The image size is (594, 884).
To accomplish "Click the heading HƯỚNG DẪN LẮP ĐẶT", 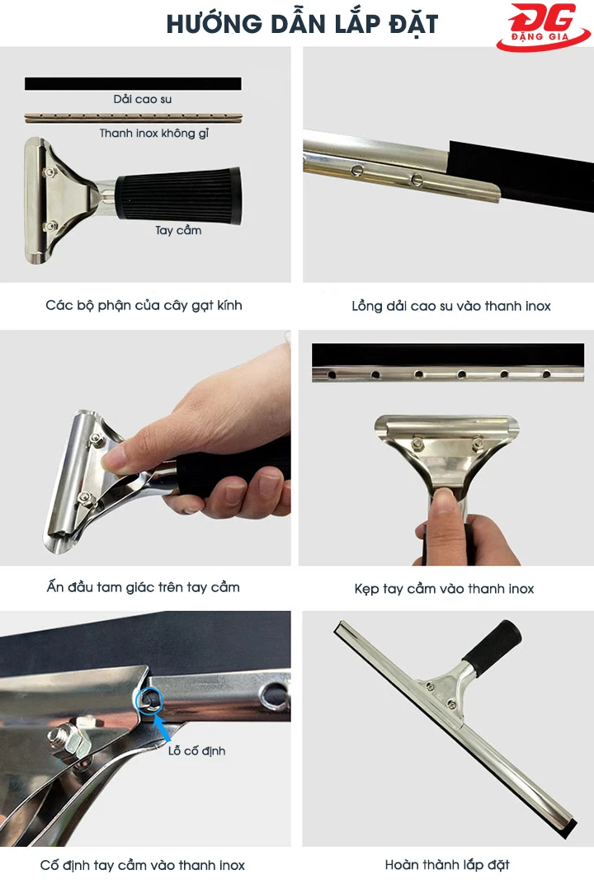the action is tap(302, 24).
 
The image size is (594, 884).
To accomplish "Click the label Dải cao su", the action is tap(142, 99).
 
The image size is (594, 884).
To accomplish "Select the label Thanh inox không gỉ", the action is tap(154, 134).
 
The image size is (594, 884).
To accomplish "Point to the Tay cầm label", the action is tap(178, 230).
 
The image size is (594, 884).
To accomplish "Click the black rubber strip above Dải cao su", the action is tap(133, 83).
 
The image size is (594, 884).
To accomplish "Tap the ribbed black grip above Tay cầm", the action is tap(178, 195).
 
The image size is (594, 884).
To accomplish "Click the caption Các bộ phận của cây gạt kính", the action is tap(144, 306).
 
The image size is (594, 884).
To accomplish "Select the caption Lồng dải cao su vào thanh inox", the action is tap(450, 306).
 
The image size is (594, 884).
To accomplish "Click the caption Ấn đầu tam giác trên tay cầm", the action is tap(144, 587).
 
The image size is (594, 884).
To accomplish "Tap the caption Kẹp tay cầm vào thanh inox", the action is tap(444, 589).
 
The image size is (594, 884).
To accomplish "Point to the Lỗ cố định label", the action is tap(196, 751).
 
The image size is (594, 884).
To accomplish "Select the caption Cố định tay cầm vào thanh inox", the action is tap(142, 865).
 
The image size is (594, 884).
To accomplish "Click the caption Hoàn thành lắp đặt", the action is tap(447, 865).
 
